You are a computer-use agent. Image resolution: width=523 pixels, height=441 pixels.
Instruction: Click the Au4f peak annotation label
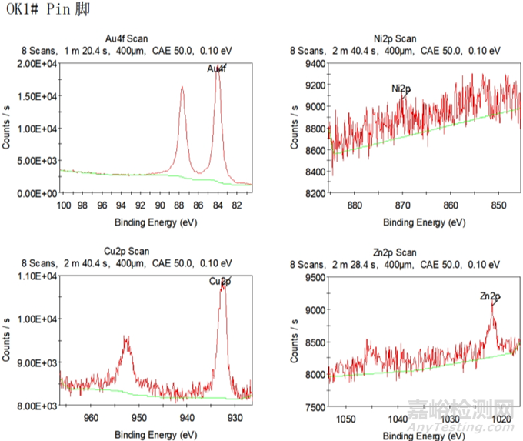pos(217,69)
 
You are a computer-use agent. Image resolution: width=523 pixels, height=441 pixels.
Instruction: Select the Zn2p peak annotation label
pos(489,296)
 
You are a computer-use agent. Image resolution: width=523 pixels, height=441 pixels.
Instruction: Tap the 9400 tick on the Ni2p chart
pos(310,63)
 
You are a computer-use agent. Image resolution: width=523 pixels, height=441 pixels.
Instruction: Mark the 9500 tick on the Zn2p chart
pos(310,276)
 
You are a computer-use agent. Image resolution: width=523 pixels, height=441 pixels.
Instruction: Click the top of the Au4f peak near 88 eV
pos(182,87)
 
